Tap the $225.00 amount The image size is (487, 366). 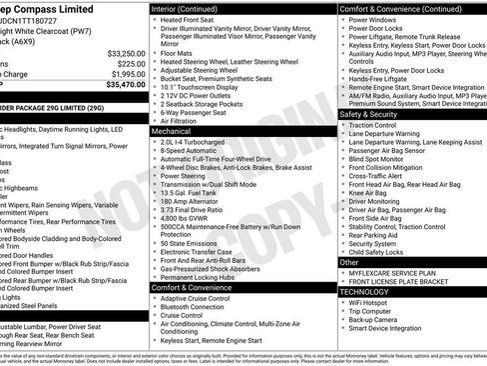click(131, 63)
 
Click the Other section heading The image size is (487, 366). click(351, 261)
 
